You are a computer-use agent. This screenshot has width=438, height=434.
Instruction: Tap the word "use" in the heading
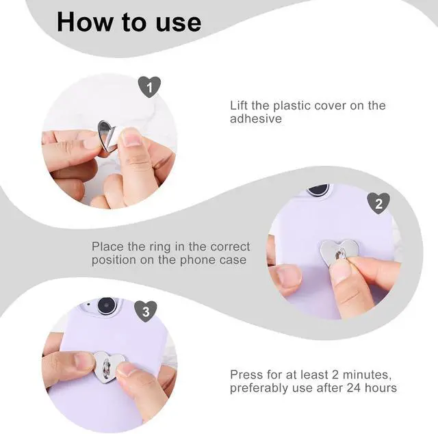coord(179,23)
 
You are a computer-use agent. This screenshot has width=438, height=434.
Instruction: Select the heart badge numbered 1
coord(149,87)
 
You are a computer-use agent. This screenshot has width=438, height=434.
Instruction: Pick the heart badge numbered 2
coord(378,203)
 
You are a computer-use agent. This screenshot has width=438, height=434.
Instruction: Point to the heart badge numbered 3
coord(146,311)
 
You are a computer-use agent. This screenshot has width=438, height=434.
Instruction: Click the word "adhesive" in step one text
coord(256,119)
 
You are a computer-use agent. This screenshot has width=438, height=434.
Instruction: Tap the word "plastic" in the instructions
coord(292,106)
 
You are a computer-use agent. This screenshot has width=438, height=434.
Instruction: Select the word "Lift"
coord(239,105)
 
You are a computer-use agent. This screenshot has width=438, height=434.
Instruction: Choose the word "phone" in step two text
coord(198,261)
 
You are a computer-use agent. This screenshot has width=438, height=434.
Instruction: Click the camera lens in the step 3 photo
coord(107,305)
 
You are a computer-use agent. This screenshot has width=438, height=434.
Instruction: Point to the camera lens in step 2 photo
coord(318,189)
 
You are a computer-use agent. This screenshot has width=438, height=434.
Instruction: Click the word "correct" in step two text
coord(230,247)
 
